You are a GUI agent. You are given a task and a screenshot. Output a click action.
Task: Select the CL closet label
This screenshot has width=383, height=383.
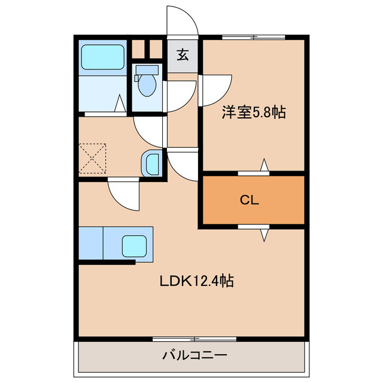click(x=250, y=201)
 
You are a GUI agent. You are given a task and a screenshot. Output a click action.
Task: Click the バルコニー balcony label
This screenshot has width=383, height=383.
click(x=194, y=355)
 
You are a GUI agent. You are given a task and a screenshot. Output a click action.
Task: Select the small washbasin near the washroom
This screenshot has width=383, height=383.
click(x=151, y=163)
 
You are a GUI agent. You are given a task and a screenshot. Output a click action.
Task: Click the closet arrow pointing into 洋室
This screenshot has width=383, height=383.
click(x=264, y=165)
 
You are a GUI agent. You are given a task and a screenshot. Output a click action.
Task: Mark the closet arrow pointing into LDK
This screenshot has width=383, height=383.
click(x=264, y=235)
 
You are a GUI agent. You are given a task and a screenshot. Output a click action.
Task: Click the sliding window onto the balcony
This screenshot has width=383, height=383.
click(x=194, y=339)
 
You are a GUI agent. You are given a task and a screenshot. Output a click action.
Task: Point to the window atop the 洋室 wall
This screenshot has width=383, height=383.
click(x=254, y=38)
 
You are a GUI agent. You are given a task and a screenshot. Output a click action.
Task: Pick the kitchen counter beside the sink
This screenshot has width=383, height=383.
click(x=91, y=242)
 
